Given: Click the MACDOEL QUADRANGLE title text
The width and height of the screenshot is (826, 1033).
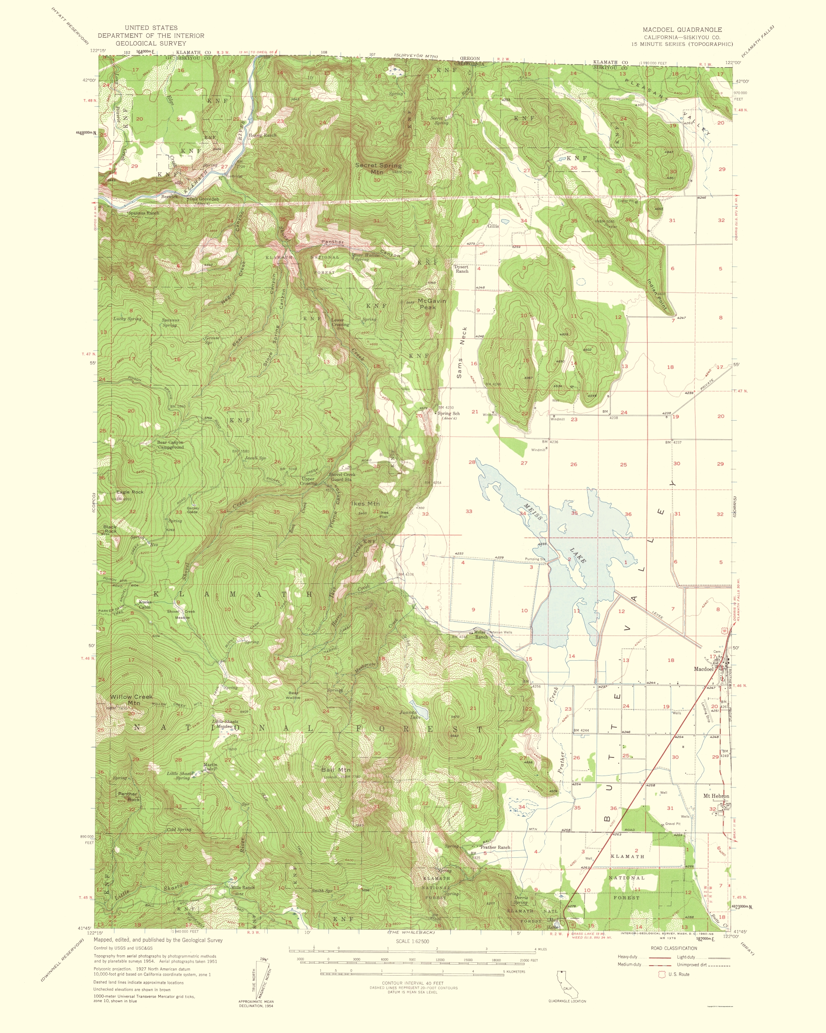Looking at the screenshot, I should coord(682,30).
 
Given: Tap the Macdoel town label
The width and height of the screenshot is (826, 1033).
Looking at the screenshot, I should coord(703,669).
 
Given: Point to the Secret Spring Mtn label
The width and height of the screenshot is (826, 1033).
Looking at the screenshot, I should coord(378,168).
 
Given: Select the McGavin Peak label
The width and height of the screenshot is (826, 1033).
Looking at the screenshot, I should coord(432,304).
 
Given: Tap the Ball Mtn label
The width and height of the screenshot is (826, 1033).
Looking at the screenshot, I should coord(336,769).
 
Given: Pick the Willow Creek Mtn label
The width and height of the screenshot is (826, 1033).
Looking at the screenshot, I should coord(131,700).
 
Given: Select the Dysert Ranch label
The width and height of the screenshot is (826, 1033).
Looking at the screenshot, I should coord(462,269).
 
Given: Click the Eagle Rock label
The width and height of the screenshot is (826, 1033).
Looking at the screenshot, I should coord(130,492).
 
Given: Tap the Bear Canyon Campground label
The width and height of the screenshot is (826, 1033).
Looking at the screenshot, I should coord(170,445).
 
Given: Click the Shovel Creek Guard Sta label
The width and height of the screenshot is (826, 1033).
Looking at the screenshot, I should coord(342,477).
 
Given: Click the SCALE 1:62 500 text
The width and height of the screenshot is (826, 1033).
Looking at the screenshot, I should coord(412,941).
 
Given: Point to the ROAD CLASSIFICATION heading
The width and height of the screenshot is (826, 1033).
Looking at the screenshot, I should coord(674,948).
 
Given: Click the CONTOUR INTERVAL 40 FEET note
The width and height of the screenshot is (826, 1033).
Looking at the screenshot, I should coord(412,983).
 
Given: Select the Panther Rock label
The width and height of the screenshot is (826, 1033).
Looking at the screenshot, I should coord(129,796).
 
